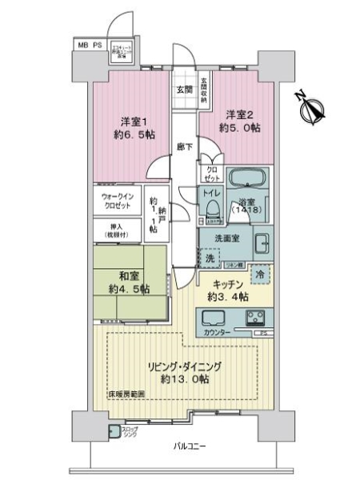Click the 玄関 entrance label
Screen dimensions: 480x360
[183, 90]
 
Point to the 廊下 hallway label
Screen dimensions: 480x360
[183, 149]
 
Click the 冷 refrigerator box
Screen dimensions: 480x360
[262, 272]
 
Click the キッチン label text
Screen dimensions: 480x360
[228, 284]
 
